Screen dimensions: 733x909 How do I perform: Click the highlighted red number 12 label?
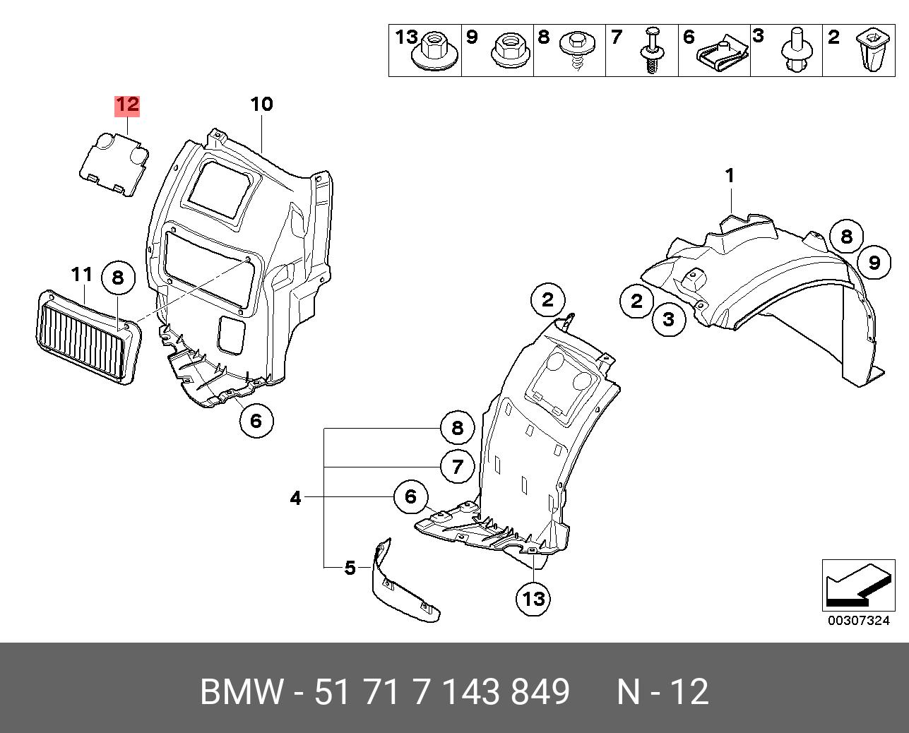(127, 105)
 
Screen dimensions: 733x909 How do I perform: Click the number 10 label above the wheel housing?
(261, 105)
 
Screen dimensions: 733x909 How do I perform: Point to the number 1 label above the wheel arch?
(730, 176)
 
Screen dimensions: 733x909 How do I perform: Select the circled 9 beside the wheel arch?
(874, 263)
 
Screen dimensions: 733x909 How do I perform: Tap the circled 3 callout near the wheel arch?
(668, 319)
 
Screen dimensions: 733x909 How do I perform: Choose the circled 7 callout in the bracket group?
(457, 467)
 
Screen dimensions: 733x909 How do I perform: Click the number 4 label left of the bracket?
(295, 498)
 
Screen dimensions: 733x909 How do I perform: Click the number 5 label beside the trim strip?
(350, 568)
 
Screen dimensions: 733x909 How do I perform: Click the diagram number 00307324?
(858, 621)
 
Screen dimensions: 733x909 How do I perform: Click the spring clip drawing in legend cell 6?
(723, 54)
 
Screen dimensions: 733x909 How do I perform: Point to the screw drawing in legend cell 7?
(650, 51)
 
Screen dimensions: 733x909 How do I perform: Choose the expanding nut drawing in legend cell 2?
(867, 51)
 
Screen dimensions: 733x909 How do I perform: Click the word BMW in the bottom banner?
(242, 691)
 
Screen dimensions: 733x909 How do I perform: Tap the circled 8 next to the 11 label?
(118, 278)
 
